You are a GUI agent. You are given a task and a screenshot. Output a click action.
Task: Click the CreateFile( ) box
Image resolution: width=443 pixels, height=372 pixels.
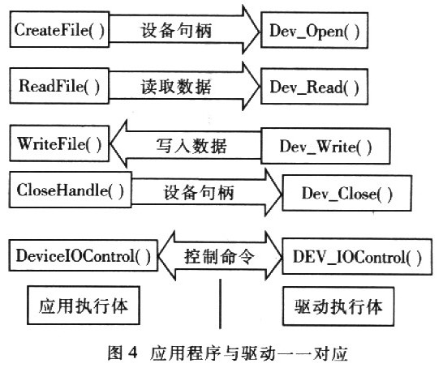(59, 29)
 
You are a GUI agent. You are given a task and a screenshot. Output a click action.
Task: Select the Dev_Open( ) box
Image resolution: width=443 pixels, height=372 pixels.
(314, 30)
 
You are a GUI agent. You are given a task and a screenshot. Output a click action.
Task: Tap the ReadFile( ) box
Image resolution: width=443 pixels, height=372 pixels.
(59, 86)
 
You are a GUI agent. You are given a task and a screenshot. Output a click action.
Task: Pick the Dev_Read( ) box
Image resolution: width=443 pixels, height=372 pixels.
(314, 87)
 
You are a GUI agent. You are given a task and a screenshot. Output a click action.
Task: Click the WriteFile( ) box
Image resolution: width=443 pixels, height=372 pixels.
(59, 143)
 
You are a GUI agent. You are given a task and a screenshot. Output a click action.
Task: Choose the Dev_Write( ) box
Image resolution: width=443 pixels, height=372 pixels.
(325, 146)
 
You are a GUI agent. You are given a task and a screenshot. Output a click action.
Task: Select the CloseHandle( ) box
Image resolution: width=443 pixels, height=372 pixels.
(71, 190)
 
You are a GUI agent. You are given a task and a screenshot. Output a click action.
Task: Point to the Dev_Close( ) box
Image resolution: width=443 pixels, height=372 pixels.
(347, 193)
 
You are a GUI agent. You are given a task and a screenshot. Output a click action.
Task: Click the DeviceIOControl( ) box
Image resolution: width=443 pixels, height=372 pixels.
(83, 255)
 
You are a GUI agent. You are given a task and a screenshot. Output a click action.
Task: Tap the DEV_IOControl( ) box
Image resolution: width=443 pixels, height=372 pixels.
(357, 257)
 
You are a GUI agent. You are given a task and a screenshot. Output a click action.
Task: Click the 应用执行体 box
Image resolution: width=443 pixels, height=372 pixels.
(84, 306)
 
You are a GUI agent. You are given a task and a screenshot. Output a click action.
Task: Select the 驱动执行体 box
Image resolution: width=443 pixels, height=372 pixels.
(338, 306)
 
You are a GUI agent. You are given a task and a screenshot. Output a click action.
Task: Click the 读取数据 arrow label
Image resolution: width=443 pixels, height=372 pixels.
(176, 87)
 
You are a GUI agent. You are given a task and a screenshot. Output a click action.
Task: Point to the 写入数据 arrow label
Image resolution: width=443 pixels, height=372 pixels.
(191, 146)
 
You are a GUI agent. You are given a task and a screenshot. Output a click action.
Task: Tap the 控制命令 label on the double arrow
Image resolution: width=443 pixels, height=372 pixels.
(220, 257)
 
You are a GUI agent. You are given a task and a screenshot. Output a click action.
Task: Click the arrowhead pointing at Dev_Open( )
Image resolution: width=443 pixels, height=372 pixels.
(251, 30)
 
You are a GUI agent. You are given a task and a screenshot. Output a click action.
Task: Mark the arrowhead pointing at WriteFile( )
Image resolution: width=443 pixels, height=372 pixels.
(118, 143)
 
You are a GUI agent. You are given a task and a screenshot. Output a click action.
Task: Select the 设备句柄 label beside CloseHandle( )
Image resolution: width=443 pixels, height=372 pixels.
(199, 193)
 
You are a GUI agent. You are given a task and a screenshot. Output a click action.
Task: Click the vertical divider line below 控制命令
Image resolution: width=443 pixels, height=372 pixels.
(220, 304)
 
